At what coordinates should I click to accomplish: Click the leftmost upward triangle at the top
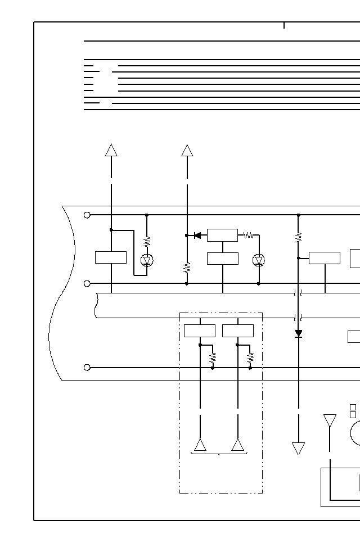click(111, 150)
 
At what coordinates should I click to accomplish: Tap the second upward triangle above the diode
click(187, 150)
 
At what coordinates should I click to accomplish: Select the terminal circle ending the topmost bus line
click(87, 215)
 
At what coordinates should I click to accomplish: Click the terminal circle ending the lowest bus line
click(87, 368)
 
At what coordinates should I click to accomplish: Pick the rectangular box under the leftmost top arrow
click(111, 257)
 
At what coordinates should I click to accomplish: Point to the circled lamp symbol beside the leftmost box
click(147, 260)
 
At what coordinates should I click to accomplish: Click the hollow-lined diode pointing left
click(197, 236)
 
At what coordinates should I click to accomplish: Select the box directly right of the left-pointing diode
click(222, 235)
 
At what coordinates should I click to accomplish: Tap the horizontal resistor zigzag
click(248, 236)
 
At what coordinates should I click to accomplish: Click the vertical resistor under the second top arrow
click(187, 268)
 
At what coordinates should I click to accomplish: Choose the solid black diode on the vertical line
click(299, 333)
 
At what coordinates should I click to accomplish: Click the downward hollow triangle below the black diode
click(299, 448)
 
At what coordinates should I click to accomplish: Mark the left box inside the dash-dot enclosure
click(200, 331)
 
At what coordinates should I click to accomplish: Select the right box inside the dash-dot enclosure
click(238, 331)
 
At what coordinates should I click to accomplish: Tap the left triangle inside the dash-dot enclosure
click(200, 445)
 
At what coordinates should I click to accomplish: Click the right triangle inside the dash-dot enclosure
click(238, 445)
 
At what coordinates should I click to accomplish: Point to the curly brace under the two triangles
click(219, 454)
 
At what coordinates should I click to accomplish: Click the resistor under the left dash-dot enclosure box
click(213, 357)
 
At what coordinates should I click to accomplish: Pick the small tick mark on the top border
click(284, 25)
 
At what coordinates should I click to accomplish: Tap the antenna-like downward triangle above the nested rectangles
click(330, 420)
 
